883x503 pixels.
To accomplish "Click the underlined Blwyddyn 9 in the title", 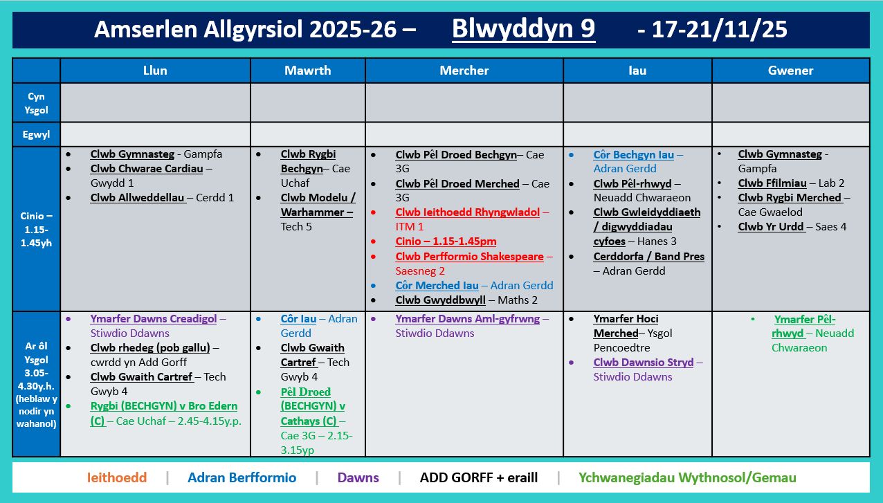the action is click(523, 30).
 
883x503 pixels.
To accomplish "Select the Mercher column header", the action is click(464, 71).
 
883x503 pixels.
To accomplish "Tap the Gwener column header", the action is click(790, 71).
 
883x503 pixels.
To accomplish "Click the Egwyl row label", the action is click(36, 134).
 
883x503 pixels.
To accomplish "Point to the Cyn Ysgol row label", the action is click(36, 102).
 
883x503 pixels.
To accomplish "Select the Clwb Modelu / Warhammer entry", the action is click(318, 205).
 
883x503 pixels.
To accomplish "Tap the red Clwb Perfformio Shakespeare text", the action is click(469, 256).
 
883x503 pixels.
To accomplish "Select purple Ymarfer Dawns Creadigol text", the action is click(153, 319).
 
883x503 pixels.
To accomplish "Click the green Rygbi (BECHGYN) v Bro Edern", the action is click(163, 406).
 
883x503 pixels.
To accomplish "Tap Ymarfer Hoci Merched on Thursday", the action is click(626, 326).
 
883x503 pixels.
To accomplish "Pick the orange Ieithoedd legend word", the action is click(117, 477).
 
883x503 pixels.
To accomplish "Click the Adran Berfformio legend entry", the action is click(242, 477).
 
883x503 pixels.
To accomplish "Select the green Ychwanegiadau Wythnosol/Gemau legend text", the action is click(686, 477).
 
